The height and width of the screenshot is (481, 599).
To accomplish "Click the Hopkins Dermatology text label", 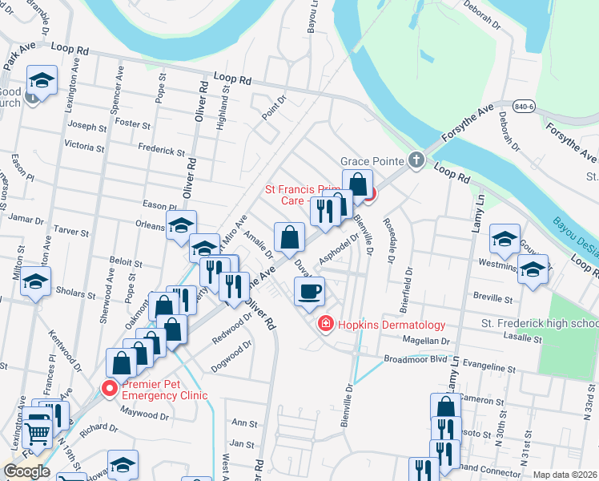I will (391, 325).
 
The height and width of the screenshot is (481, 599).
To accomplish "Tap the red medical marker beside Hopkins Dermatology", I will (325, 324).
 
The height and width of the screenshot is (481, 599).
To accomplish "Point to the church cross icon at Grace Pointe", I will (416, 160).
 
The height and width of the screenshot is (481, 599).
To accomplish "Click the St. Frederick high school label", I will (539, 323).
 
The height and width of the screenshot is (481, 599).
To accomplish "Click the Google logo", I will (26, 471).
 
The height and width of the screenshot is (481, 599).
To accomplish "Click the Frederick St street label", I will (161, 150).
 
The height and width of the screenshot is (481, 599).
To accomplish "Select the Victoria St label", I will (84, 147).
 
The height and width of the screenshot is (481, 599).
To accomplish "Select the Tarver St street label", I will (71, 231).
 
